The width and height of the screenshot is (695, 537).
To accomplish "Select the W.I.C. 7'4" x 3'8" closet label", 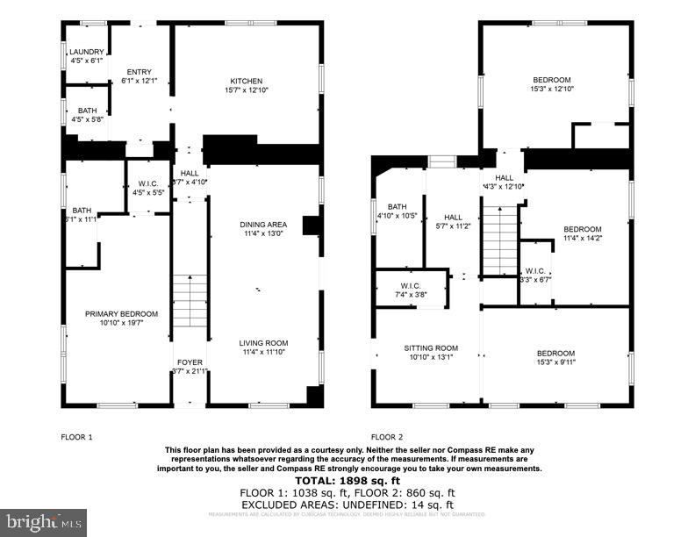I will tap(410, 290).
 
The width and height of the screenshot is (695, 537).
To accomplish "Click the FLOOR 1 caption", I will tap(76, 437).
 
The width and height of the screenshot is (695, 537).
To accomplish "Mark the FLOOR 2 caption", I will tap(387, 437).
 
